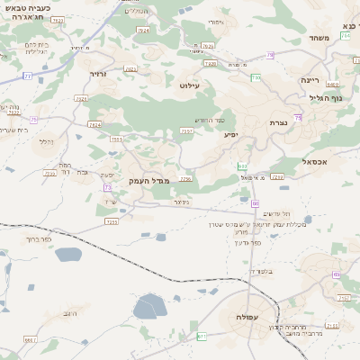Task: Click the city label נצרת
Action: click(277, 121)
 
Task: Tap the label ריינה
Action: click(310, 80)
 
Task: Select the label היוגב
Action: click(72, 314)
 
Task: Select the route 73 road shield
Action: click(107, 187)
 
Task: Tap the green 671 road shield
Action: click(202, 336)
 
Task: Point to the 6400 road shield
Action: click(332, 85)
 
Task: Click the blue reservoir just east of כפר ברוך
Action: click(68, 255)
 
